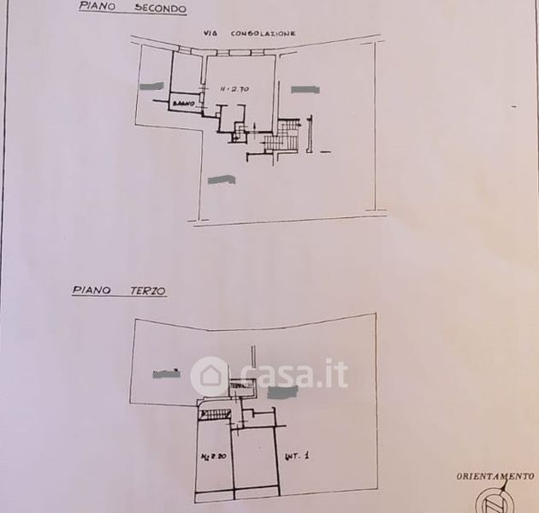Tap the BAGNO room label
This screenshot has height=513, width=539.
(185, 103)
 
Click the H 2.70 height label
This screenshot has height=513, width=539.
(233, 88)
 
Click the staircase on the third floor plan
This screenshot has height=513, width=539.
(215, 414)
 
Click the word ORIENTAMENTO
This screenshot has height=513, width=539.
(495, 475)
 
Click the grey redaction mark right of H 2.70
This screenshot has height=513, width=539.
(304, 89)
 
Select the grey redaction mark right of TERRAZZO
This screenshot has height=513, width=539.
(282, 392)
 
